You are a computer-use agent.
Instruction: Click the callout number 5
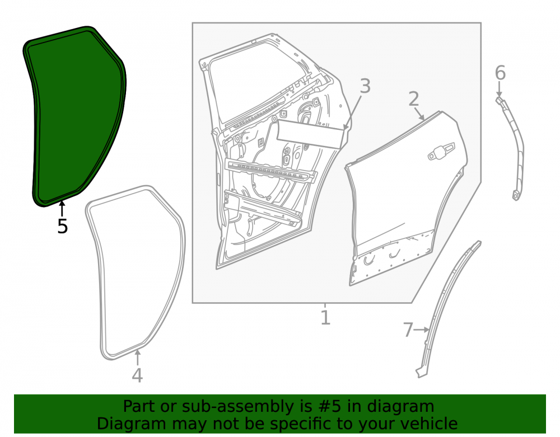63,226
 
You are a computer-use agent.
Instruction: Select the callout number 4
138,375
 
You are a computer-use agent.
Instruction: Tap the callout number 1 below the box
325,317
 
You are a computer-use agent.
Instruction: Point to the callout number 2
414,99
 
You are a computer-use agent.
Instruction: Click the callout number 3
365,86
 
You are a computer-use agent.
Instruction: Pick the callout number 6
500,73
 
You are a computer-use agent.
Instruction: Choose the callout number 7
408,330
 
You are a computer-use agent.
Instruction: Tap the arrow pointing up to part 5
62,209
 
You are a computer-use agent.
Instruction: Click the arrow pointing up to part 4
138,358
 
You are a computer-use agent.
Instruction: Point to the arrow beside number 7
422,330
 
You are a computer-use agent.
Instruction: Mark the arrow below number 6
500,88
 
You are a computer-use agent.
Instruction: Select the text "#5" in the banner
327,406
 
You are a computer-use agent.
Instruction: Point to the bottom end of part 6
516,196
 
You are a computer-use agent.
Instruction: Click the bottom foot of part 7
422,373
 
